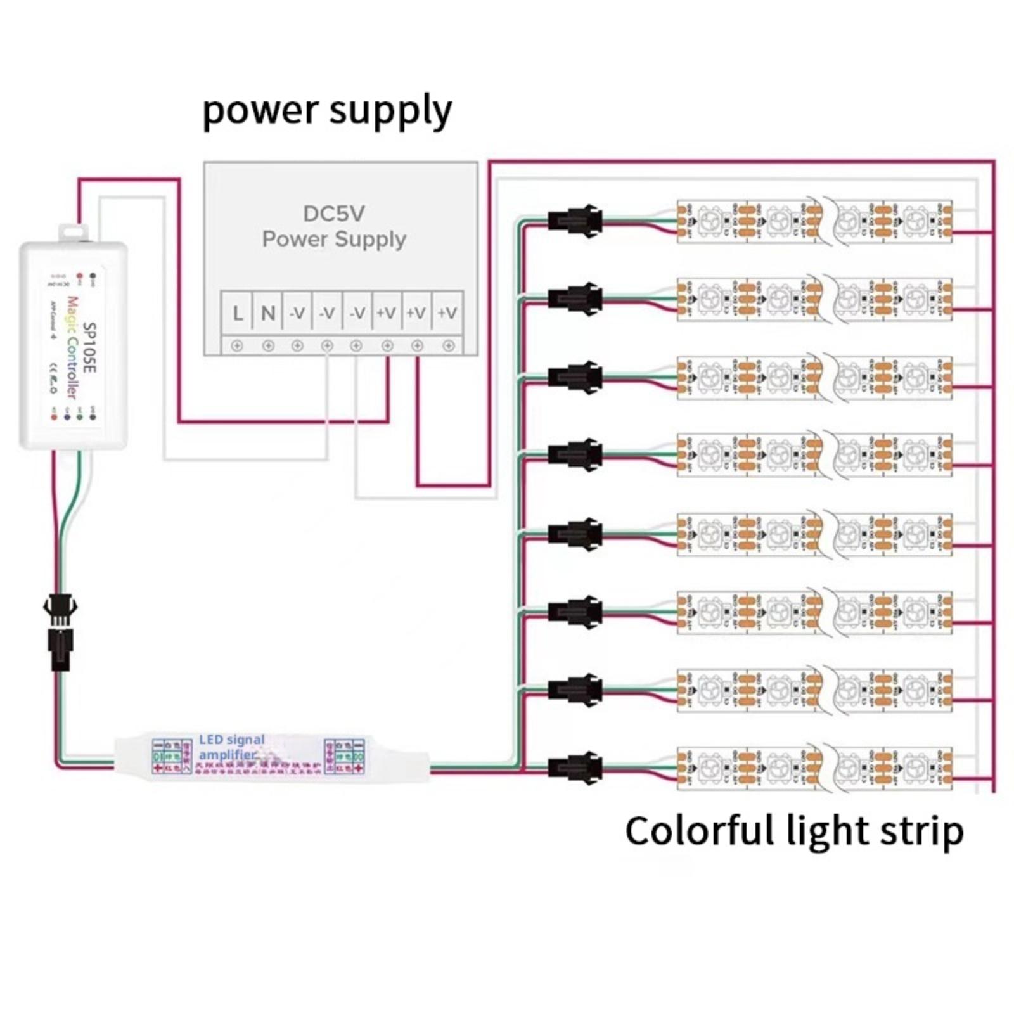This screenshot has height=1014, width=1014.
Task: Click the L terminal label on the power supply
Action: pos(238,312)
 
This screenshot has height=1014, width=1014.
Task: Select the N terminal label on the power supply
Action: pos(267,312)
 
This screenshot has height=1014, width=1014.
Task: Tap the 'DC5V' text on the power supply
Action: pos(334,214)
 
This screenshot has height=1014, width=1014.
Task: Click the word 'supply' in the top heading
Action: pos(390,111)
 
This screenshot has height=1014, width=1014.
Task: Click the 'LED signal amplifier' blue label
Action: pos(231,747)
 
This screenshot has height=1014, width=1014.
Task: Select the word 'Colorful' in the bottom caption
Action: pos(700,831)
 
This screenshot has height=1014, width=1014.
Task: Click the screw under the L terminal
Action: pos(237,346)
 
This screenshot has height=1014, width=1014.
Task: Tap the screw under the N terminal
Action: pos(267,346)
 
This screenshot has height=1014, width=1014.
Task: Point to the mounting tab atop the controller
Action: pos(74,233)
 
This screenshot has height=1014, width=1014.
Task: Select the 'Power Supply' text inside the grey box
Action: pos(334,240)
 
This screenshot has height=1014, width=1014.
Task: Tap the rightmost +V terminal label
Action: pos(447,312)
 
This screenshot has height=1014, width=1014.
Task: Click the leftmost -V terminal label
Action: pos(297,312)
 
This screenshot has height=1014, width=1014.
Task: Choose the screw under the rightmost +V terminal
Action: pos(448,346)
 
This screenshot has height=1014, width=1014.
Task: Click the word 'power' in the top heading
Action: pos(260,111)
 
